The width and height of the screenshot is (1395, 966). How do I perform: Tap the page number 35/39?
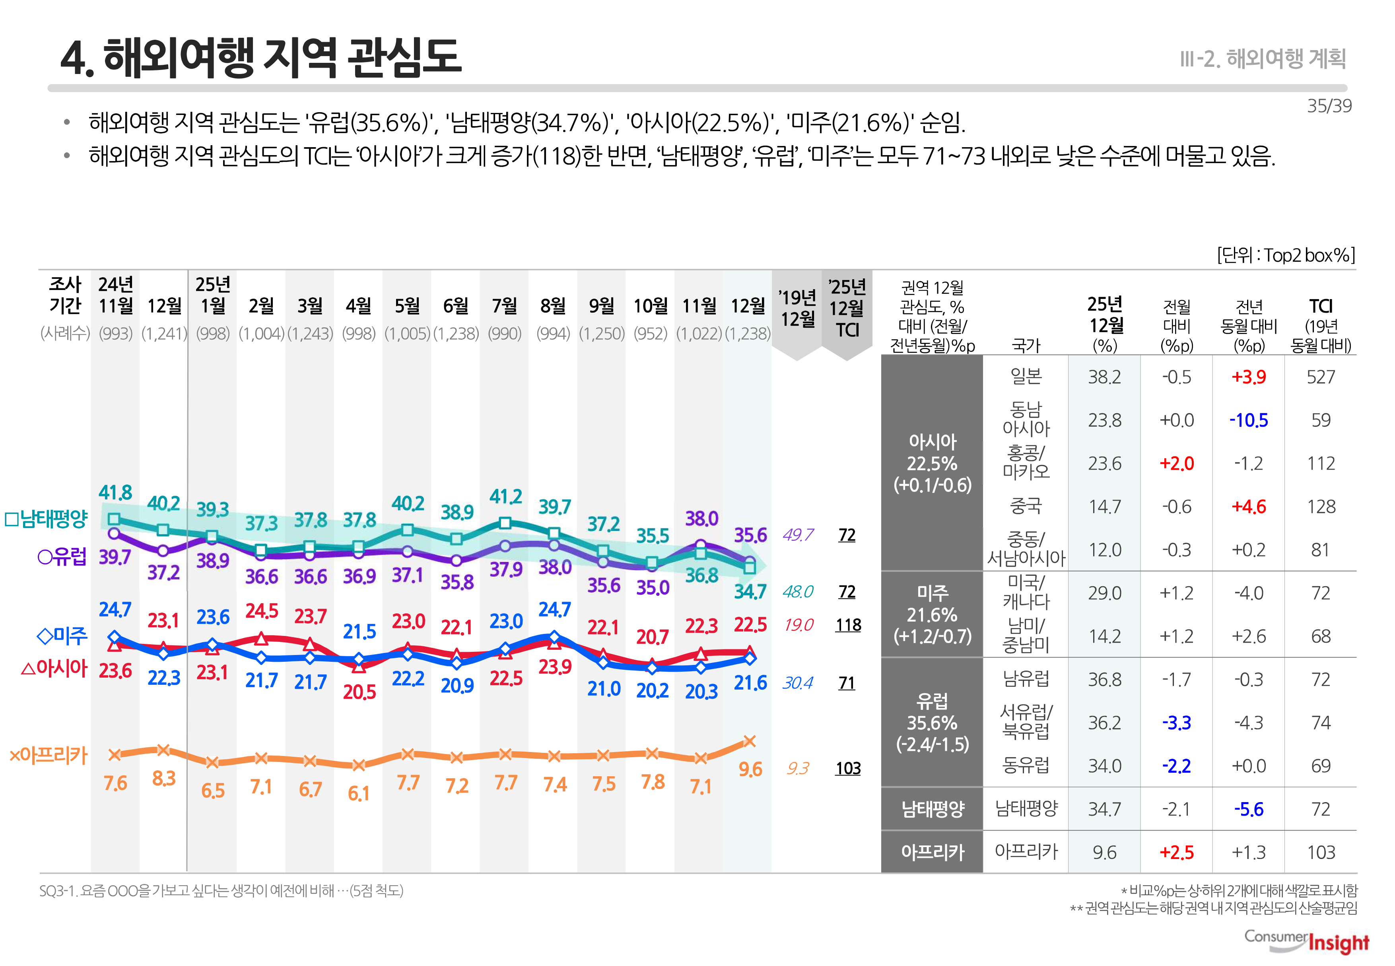click(1329, 106)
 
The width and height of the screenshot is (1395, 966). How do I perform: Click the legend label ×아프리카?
click(49, 755)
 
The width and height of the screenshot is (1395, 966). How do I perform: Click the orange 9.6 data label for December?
click(750, 769)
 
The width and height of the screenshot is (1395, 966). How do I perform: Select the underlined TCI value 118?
click(847, 625)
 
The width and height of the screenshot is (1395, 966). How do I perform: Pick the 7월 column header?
click(504, 306)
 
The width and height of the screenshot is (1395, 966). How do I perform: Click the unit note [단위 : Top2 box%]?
click(1286, 255)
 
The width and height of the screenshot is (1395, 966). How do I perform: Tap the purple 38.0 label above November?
click(701, 519)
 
